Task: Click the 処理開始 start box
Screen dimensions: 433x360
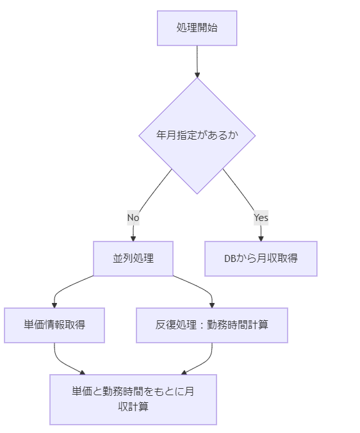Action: [x=197, y=28]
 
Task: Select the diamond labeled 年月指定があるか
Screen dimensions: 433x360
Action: [x=197, y=136]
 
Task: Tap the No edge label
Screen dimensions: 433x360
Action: [x=133, y=218]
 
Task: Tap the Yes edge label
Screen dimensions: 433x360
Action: [x=261, y=218]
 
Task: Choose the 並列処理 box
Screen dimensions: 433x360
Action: [x=133, y=259]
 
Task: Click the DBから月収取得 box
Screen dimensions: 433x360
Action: [x=261, y=259]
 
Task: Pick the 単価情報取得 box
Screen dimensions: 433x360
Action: [x=54, y=325]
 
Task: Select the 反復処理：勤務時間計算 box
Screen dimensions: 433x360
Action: [x=211, y=325]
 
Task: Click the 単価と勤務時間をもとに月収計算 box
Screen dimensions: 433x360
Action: [x=133, y=399]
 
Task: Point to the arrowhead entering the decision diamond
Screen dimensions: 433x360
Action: [x=197, y=75]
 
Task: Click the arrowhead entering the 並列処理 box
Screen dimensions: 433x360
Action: [x=133, y=238]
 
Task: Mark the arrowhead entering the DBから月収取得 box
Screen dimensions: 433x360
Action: [x=261, y=238]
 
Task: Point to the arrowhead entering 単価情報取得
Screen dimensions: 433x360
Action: [x=54, y=305]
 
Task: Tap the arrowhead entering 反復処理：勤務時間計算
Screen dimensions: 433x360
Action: [x=211, y=305]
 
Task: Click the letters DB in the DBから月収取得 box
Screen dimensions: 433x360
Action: [x=230, y=259]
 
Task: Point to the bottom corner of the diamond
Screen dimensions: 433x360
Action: [x=197, y=193]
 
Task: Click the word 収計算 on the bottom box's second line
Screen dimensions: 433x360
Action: [x=133, y=406]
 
